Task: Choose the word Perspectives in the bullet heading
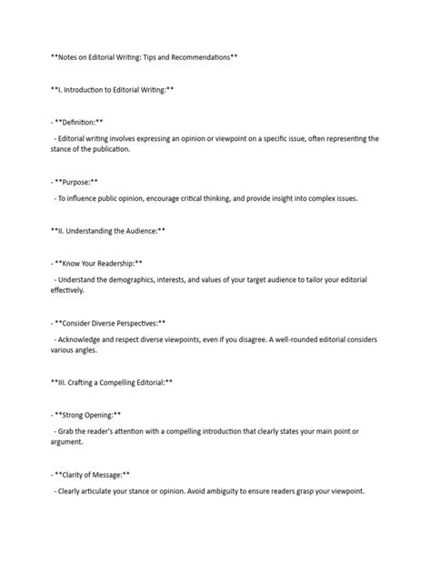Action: tap(135, 323)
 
